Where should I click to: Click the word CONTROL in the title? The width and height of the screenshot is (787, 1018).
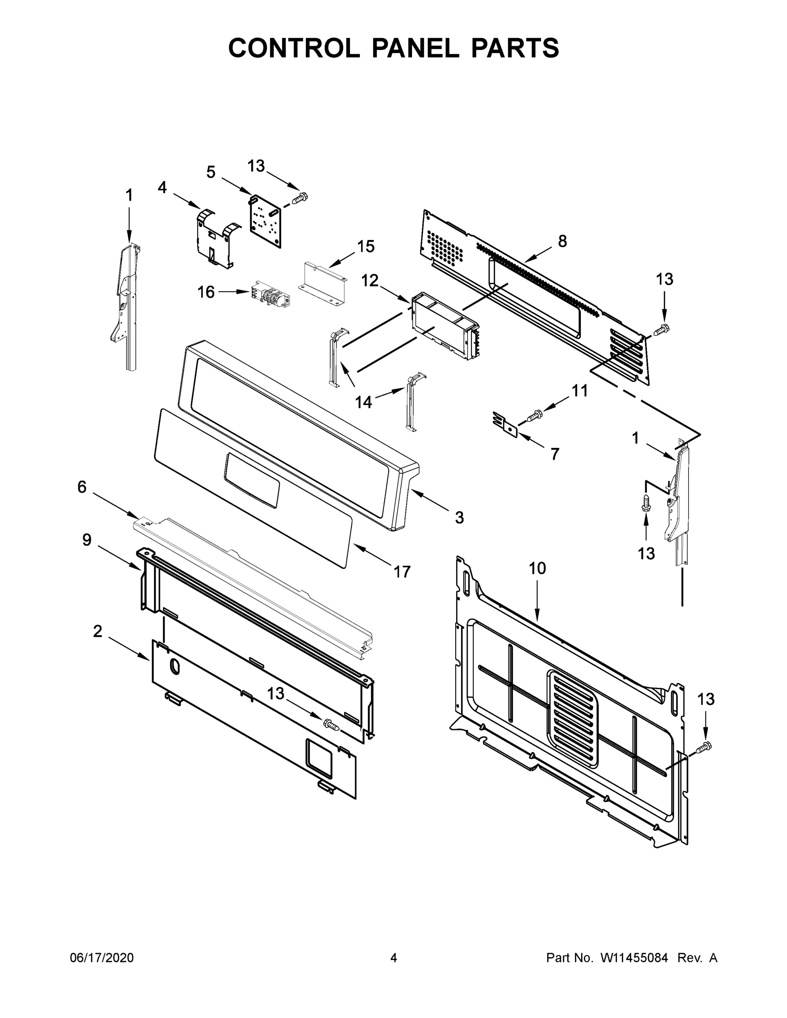(294, 48)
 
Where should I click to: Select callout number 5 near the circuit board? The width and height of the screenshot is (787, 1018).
(211, 173)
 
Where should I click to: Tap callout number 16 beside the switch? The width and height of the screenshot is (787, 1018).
(206, 292)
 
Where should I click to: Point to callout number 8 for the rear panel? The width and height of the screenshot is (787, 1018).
(562, 241)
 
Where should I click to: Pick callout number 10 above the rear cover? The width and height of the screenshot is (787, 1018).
(537, 568)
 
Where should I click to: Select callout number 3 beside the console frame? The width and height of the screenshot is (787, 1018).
(459, 517)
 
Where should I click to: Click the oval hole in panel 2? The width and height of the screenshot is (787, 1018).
(174, 666)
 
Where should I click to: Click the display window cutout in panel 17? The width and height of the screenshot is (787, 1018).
(252, 480)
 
